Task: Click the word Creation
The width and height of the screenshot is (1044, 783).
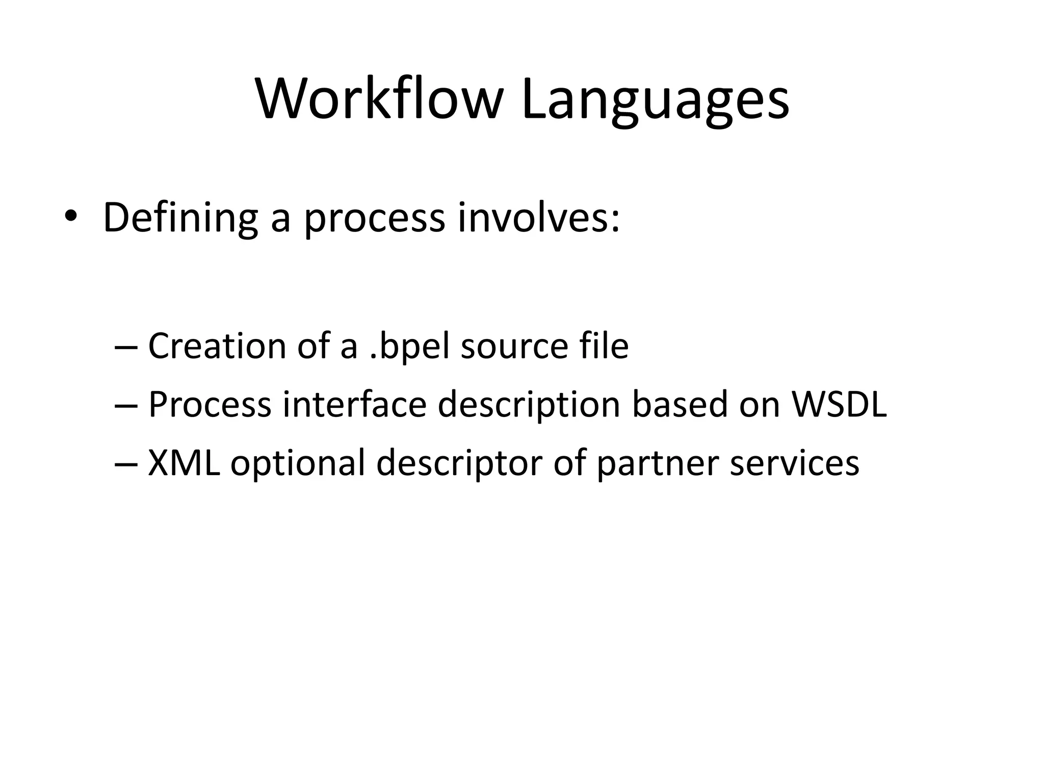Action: [217, 346]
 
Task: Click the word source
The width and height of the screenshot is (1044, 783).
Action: [514, 347]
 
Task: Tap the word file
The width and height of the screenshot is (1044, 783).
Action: [604, 346]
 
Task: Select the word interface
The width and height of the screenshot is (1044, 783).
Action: [354, 404]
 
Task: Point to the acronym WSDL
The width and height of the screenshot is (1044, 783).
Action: [839, 404]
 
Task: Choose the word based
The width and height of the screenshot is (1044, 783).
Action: [680, 404]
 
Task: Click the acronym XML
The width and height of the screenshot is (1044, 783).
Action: [184, 463]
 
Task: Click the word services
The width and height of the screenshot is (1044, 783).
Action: [794, 463]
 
